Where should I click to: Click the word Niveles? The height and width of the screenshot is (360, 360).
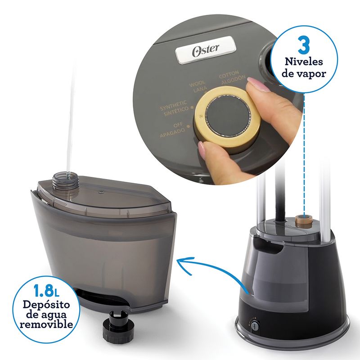coord(304,62)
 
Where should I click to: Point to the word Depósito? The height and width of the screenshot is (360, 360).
coord(46,305)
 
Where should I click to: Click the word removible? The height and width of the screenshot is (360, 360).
coord(46,324)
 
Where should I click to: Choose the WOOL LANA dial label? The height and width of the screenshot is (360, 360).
coord(198,86)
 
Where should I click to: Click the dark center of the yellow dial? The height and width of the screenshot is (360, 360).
coord(226,117)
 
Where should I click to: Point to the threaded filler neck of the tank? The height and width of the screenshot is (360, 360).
coord(65,180)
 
